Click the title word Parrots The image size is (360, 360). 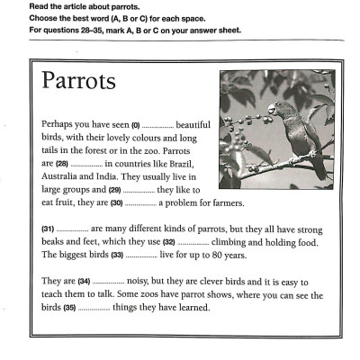78,81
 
